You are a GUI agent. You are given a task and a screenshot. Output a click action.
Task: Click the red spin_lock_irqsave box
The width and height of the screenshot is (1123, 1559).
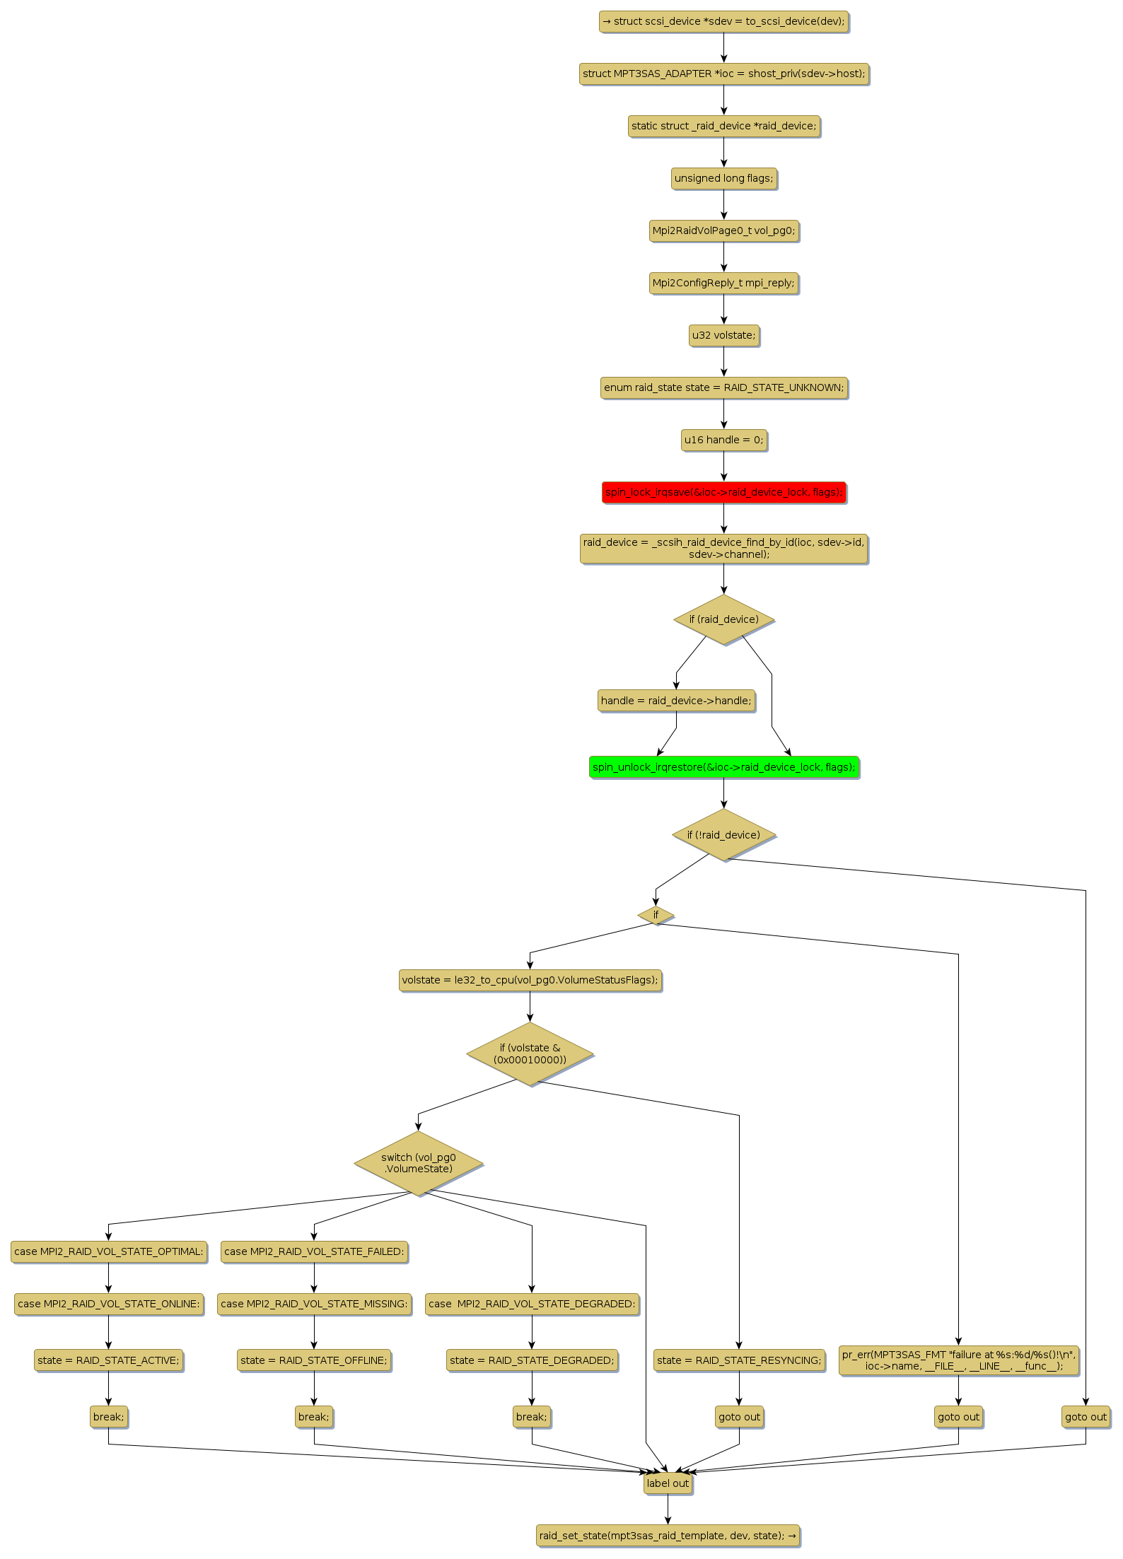click(x=723, y=492)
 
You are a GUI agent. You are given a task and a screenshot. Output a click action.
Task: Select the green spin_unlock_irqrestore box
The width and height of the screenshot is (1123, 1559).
click(x=723, y=767)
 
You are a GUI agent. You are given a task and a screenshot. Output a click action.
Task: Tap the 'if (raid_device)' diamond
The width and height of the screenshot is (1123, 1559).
click(x=723, y=619)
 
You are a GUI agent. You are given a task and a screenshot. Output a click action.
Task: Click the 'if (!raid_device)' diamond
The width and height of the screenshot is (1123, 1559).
click(x=723, y=835)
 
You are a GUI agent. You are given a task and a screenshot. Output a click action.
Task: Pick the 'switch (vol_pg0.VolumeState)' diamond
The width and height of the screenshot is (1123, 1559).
click(x=418, y=1163)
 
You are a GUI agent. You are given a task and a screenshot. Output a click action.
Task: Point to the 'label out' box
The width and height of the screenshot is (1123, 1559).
click(x=668, y=1483)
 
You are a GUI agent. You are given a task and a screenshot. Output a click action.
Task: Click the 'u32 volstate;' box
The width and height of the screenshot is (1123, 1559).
click(x=723, y=335)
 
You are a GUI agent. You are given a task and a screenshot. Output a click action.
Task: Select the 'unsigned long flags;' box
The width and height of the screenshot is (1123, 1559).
click(x=723, y=178)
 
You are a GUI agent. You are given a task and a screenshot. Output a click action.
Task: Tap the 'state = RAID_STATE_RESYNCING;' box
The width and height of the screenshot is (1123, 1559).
click(x=739, y=1360)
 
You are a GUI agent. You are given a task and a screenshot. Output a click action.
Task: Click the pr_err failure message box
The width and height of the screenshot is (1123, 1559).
click(x=958, y=1360)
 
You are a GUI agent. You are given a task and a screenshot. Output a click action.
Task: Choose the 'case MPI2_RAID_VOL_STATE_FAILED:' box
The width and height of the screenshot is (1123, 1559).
click(x=314, y=1251)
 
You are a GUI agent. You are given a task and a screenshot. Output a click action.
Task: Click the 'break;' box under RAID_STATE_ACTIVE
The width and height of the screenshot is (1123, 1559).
click(x=108, y=1417)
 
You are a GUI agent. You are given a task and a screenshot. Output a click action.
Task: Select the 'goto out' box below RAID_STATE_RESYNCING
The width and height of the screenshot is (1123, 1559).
click(x=739, y=1417)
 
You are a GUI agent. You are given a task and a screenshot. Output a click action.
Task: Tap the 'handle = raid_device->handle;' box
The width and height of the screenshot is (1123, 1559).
click(x=676, y=701)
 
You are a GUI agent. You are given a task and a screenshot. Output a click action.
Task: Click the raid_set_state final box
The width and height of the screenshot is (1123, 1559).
click(x=668, y=1536)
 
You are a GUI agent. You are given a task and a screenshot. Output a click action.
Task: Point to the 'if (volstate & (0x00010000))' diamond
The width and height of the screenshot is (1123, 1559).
click(x=530, y=1053)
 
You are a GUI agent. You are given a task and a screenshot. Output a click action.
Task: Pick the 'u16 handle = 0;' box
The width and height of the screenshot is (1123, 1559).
click(x=723, y=440)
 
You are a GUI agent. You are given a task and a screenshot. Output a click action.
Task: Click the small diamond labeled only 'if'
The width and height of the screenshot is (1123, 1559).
click(x=656, y=915)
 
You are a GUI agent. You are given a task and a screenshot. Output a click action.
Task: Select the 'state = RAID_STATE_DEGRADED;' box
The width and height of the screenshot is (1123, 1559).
click(x=532, y=1360)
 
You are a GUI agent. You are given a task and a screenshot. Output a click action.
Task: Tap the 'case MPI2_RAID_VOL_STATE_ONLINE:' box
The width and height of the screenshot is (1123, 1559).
click(x=108, y=1304)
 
